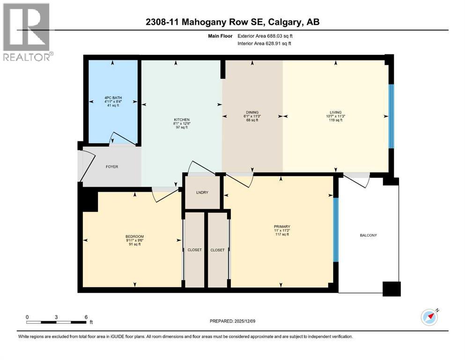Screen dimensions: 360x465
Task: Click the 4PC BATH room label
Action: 111,98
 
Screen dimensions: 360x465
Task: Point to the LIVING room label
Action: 335,112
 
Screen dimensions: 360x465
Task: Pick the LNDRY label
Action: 202,193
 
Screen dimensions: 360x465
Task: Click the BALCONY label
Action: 368,235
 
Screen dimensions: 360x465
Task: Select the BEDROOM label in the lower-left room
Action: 134,236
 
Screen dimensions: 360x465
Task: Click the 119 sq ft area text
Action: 335,120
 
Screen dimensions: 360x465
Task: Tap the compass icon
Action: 429,317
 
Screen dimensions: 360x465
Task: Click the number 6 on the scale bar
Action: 85,317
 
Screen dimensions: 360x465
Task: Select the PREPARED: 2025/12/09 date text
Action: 233,321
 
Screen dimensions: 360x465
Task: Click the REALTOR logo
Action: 27,31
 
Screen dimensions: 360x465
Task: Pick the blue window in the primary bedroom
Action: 335,229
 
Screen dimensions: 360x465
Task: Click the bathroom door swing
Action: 120,138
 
